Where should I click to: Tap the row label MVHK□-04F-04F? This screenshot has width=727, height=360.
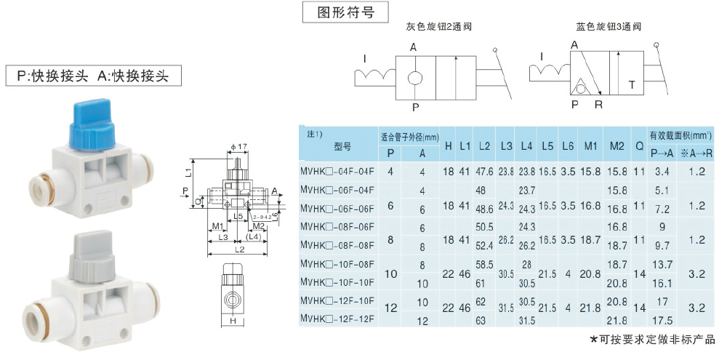point(337,172)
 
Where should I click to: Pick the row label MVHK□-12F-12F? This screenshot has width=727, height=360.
point(337,319)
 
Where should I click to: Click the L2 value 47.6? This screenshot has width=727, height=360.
point(484,172)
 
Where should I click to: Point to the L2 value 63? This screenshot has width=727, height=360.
point(481,319)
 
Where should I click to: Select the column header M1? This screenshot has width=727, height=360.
point(590,145)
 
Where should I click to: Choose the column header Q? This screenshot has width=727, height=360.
point(639,145)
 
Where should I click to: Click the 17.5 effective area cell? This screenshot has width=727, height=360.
point(662,319)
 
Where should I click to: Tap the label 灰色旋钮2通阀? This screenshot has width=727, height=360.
point(439,28)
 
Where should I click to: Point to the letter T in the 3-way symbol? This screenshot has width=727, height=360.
point(632,85)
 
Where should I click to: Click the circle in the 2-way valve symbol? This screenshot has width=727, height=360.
point(415,77)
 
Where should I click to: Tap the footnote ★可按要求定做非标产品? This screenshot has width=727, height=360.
point(652,340)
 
